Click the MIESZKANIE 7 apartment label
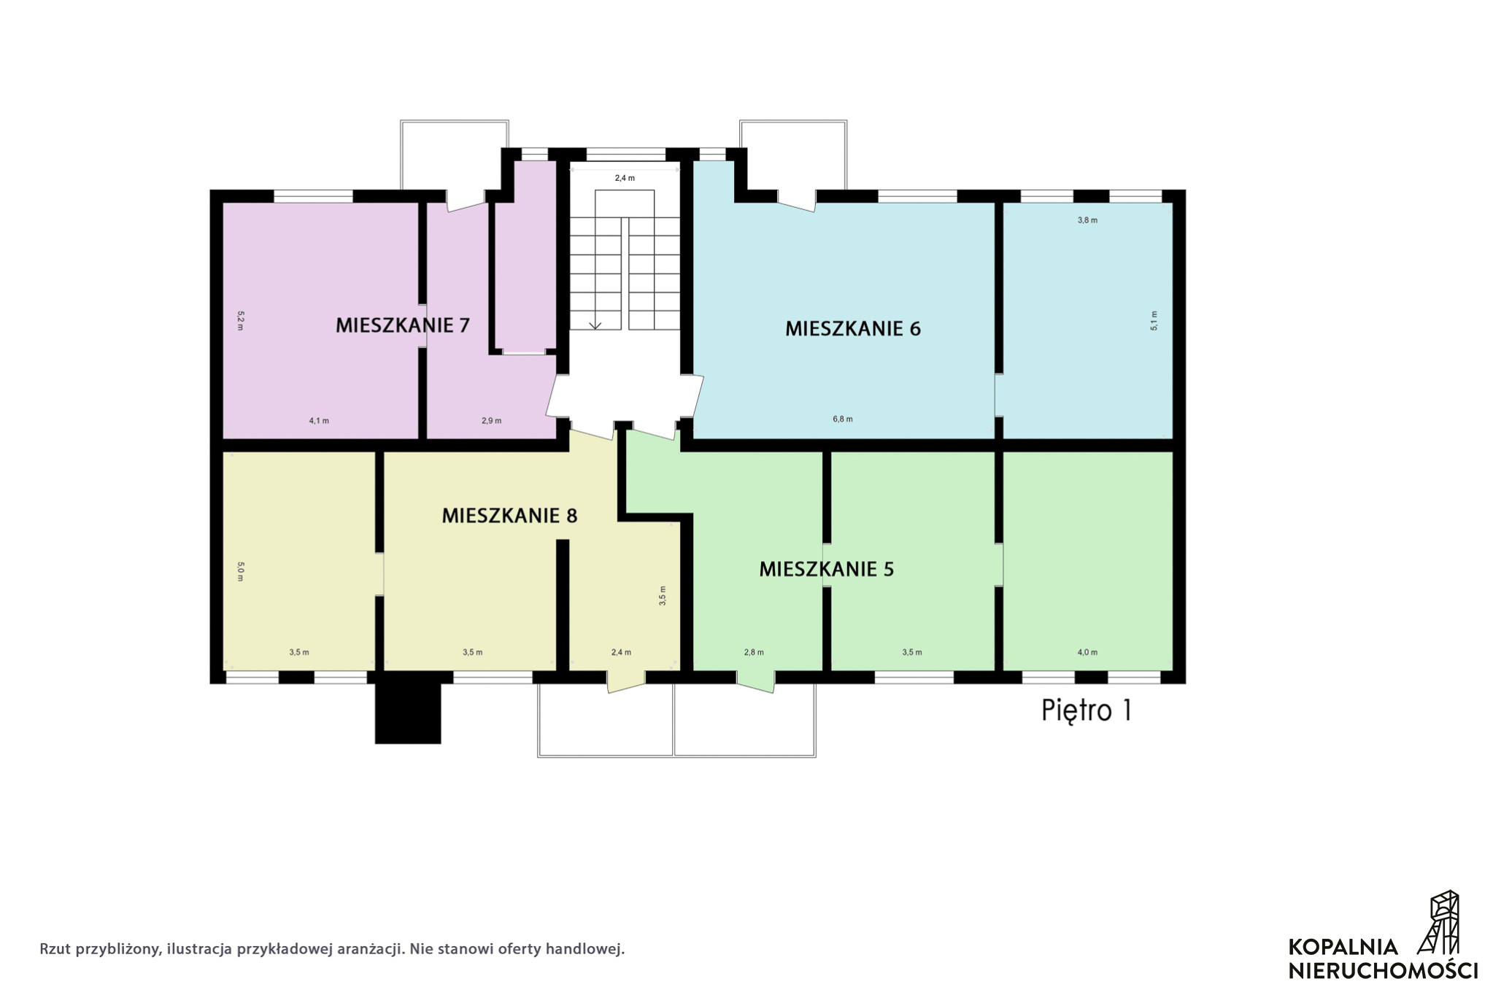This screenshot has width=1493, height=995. click(x=402, y=325)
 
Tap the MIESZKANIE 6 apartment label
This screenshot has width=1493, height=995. click(x=852, y=328)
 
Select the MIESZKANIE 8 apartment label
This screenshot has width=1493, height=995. click(x=509, y=516)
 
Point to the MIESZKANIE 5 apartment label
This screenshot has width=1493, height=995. click(x=826, y=569)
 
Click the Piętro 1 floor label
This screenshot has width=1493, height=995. click(x=1087, y=711)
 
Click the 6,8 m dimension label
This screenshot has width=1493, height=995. click(x=843, y=419)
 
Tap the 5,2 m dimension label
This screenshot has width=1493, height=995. click(x=240, y=321)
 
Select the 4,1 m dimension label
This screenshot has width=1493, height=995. click(x=319, y=420)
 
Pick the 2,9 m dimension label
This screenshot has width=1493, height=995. click(x=492, y=420)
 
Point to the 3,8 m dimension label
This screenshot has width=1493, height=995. click(x=1087, y=220)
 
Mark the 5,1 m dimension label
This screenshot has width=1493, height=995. click(x=1154, y=321)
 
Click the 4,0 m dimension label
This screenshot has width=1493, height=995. click(x=1087, y=652)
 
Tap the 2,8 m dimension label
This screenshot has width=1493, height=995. click(x=754, y=652)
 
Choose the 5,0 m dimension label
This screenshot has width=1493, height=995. click(x=240, y=571)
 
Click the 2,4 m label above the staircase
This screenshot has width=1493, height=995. click(x=625, y=178)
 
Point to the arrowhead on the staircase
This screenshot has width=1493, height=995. click(x=595, y=325)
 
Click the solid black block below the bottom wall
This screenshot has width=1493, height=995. click(x=408, y=713)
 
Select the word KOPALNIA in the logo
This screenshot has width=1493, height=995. click(x=1343, y=947)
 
